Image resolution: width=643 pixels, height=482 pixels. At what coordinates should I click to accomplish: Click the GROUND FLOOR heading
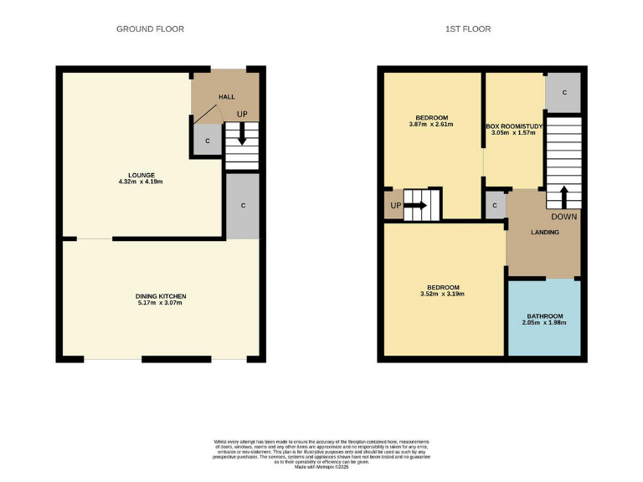pos(150,29)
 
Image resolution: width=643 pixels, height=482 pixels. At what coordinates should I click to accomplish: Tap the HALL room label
pos(226,97)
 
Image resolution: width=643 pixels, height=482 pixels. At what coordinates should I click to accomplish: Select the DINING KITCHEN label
pos(161,296)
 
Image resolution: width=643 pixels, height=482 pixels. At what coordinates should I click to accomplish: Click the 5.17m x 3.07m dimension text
pos(161,303)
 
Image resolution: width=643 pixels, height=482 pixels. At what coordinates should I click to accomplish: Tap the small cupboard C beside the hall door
pos(208,140)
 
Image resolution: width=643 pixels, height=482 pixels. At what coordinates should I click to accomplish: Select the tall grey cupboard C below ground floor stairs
pos(242,205)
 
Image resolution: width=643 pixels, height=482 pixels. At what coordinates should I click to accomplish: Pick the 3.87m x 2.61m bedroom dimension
pos(431,125)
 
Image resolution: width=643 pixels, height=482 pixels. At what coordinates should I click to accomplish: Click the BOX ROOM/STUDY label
pos(515,126)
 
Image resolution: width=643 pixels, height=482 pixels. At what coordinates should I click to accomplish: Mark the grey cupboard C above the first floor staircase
pos(563,92)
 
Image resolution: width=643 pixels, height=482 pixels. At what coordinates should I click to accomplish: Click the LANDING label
pos(544,232)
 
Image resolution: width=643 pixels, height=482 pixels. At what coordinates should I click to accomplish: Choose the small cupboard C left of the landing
pos(495,205)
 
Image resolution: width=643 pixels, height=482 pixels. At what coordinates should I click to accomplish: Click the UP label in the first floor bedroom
pos(394,205)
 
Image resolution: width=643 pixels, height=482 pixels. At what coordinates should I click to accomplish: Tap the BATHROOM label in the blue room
pos(544,316)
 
